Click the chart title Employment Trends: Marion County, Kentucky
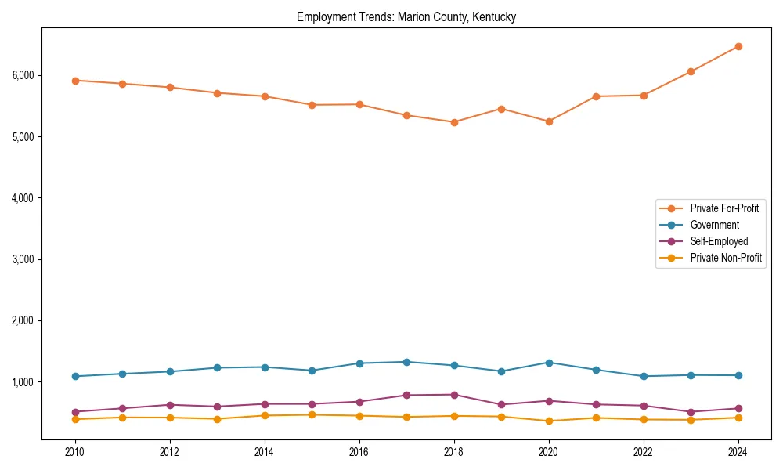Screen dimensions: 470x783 tap(406, 16)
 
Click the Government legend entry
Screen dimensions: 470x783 tap(714, 225)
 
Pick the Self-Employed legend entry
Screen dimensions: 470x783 tap(719, 241)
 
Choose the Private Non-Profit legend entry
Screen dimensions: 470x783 tap(726, 258)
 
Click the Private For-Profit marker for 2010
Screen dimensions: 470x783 tap(75, 80)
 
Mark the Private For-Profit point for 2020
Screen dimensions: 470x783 tap(549, 121)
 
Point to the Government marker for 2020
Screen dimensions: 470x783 tap(549, 363)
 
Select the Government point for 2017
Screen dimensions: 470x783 tap(406, 362)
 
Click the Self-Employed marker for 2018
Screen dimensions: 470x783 tap(454, 395)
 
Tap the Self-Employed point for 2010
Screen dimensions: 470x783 tap(75, 412)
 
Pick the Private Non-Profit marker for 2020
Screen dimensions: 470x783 tap(549, 421)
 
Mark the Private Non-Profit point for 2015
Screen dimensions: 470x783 tap(312, 414)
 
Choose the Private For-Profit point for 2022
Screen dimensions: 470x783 tap(644, 96)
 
